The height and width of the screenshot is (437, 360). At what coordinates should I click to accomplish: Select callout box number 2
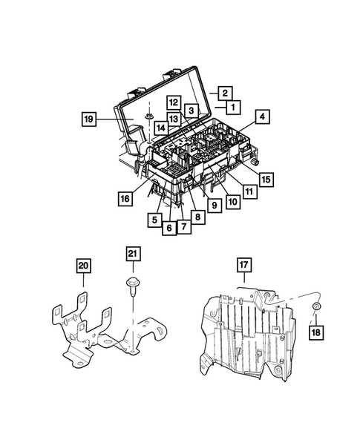click(x=223, y=93)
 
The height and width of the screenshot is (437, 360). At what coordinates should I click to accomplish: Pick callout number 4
click(x=261, y=116)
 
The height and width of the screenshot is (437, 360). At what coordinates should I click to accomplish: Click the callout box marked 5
click(x=153, y=220)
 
